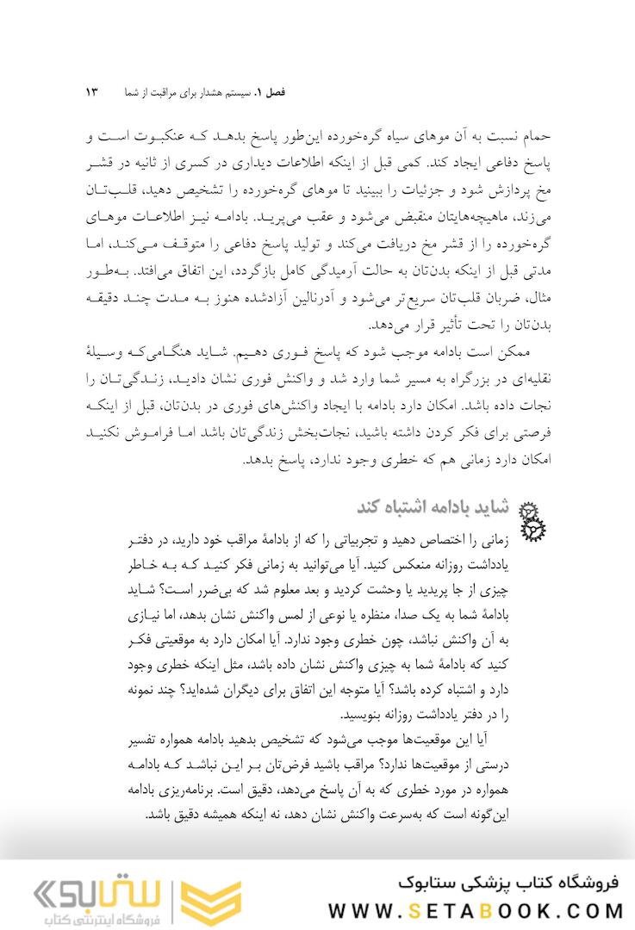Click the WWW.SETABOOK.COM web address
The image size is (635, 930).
coord(477,908)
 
